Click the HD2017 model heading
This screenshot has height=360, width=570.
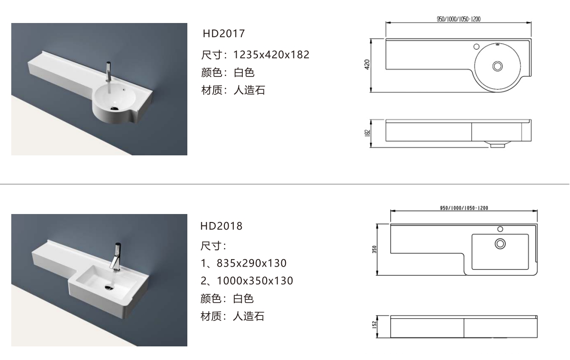[x=223, y=34]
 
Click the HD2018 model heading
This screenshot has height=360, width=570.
[x=222, y=226]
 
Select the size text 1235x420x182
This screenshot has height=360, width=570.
[x=271, y=55]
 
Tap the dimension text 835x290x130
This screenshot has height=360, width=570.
[x=251, y=263]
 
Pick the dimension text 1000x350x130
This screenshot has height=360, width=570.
[x=255, y=281]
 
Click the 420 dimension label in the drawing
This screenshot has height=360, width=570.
[x=367, y=65]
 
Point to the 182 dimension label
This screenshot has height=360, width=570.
[x=367, y=133]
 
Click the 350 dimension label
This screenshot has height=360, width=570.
[x=374, y=249]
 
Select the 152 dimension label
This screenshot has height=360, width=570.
[x=374, y=325]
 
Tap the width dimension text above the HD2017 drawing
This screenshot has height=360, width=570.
[x=459, y=19]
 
